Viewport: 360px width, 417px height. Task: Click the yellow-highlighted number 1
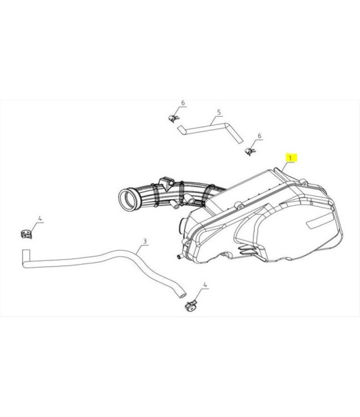tap(291, 158)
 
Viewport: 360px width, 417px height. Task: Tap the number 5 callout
tap(219, 112)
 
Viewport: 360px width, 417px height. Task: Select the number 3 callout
tap(145, 241)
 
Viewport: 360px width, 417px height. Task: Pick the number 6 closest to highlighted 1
tap(260, 136)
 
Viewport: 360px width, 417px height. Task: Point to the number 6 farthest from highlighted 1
tap(183, 102)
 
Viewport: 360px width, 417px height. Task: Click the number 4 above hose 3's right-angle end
tap(40, 219)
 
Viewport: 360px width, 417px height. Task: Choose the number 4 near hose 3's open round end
tap(205, 284)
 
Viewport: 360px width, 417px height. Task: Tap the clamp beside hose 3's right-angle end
tap(27, 234)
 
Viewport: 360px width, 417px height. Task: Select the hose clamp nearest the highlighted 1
tap(249, 152)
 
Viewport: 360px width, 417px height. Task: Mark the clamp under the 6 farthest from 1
tap(174, 118)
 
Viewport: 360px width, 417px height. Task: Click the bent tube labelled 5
tap(210, 130)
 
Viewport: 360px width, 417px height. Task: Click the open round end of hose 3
tap(183, 296)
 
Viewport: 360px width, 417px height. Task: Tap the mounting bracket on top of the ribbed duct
tap(167, 182)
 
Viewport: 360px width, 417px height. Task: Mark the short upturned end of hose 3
tap(26, 257)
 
